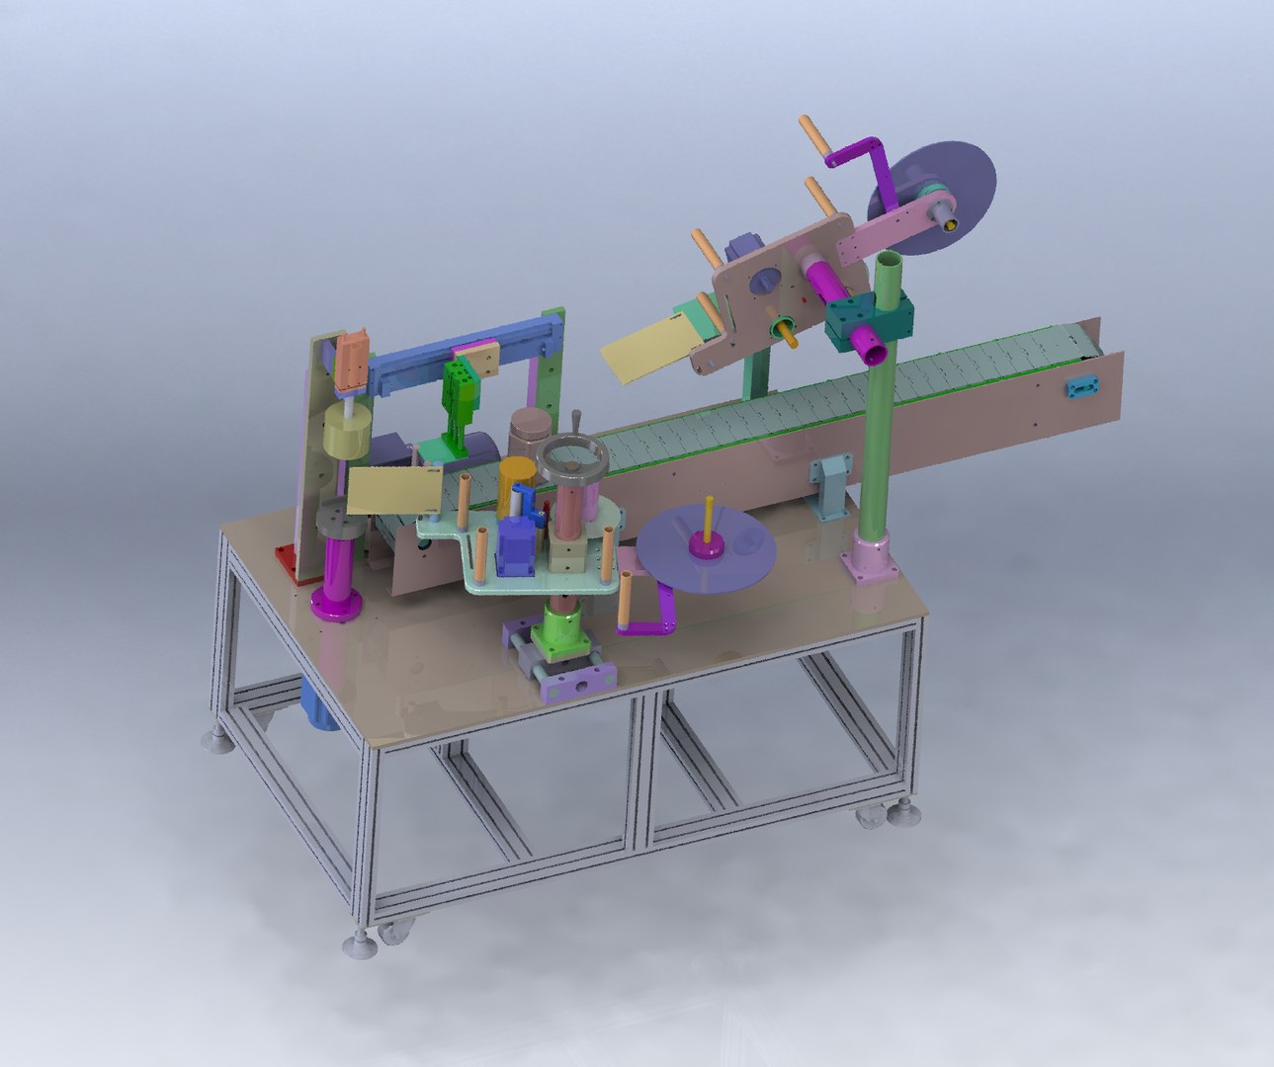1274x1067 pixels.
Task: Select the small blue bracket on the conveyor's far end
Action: (1080, 386)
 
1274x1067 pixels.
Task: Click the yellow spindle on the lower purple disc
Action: (708, 521)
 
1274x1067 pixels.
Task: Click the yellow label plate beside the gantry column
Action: (394, 491)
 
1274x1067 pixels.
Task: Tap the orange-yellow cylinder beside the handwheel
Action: (515, 483)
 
